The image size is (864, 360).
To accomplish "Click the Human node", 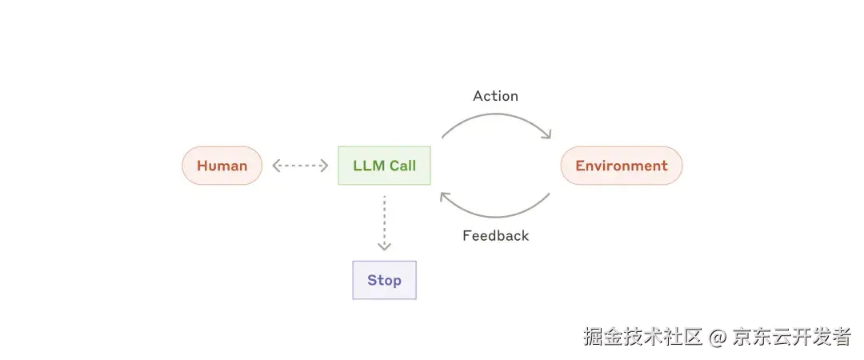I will point(222,166).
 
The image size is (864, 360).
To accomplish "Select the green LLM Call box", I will point(384,166).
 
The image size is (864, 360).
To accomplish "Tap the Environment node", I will point(621,166).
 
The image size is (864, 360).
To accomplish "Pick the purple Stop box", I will point(384,280).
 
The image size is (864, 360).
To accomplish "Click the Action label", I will point(495,96).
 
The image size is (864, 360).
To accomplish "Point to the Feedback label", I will point(495,236).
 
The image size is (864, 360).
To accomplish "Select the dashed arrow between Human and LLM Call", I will point(300,166).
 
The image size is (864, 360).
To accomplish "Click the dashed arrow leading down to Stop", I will point(384,220).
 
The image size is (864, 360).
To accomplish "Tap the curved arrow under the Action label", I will point(496,116).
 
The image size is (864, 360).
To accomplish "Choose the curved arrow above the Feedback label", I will point(496,214).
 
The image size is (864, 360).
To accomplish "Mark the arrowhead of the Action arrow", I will point(547,134).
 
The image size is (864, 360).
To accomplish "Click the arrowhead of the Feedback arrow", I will point(444,196).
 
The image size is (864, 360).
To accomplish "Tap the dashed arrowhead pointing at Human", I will point(276,166).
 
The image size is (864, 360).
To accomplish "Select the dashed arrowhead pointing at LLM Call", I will point(325,166).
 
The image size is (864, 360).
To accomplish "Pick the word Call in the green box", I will point(402,166).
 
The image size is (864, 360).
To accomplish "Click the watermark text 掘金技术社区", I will point(642,337).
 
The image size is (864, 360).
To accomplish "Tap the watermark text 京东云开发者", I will point(792,337).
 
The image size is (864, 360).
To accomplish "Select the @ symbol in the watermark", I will point(717,338).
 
